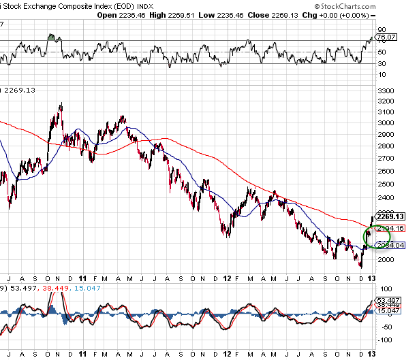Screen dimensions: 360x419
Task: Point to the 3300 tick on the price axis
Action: pos(385,91)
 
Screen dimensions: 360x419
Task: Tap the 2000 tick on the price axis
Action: pos(385,259)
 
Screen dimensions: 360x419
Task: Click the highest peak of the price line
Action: pos(61,104)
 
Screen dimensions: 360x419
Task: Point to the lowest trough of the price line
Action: pos(361,266)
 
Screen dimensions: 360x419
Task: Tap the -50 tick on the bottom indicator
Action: pos(385,324)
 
